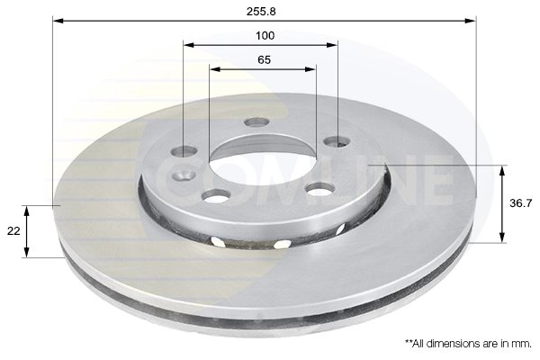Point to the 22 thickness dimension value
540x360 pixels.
tap(13, 231)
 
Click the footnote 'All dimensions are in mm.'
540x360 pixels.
tap(468, 344)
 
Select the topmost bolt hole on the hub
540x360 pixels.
tap(257, 121)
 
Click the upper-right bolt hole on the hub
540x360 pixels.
tap(336, 141)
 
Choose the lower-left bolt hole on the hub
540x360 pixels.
tap(213, 195)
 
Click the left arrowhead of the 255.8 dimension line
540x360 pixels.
tap(57, 19)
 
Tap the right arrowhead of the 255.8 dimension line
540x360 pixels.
tap(470, 19)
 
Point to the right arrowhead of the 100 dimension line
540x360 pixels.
tap(333, 44)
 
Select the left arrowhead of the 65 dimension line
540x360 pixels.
tap(214, 69)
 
